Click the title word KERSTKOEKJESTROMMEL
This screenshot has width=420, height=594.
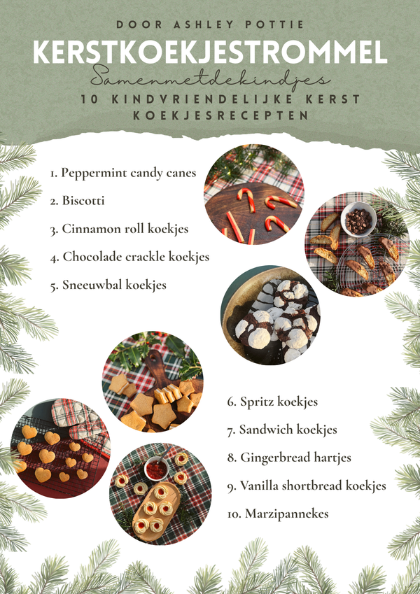210,54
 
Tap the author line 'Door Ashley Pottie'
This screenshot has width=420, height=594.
210,24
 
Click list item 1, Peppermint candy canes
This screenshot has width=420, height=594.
122,173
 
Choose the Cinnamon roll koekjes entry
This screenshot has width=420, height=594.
119,229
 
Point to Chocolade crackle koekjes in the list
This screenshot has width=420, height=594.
129,257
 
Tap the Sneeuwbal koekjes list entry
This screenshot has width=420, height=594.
108,285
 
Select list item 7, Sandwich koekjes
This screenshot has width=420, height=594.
281,430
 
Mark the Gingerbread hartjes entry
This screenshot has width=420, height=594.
289,458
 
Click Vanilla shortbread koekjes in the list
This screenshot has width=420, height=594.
306,486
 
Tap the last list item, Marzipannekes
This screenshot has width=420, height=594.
276,514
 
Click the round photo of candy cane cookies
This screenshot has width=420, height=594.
253,195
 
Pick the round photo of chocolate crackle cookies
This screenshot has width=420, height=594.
271,315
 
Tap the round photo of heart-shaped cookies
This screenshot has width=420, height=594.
59,448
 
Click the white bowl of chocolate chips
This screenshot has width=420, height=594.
359,219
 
